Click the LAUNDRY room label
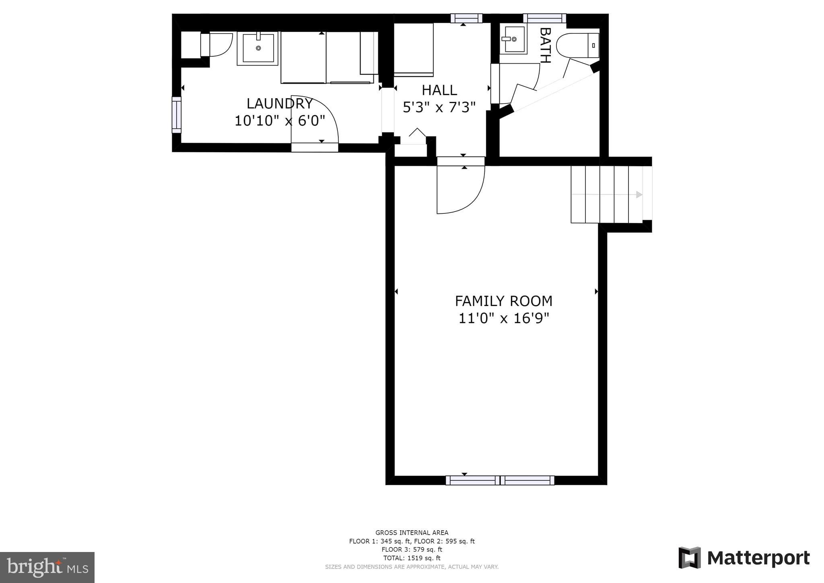pyautogui.click(x=280, y=103)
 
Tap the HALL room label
pyautogui.click(x=439, y=90)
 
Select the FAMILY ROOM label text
pyautogui.click(x=504, y=301)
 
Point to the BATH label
pyautogui.click(x=545, y=45)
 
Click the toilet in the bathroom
pyautogui.click(x=578, y=45)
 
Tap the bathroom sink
pyautogui.click(x=513, y=39)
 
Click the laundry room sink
pyautogui.click(x=257, y=48)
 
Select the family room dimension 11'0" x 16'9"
pyautogui.click(x=504, y=318)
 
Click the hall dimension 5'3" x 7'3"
pyautogui.click(x=439, y=107)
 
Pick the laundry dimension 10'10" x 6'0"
pyautogui.click(x=280, y=120)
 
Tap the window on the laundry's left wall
pyautogui.click(x=176, y=115)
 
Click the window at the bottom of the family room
pyautogui.click(x=500, y=480)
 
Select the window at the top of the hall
pyautogui.click(x=466, y=18)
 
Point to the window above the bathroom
pyautogui.click(x=544, y=18)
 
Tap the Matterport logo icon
pyautogui.click(x=690, y=558)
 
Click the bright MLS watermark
pyautogui.click(x=47, y=567)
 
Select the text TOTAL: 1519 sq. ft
pyautogui.click(x=412, y=558)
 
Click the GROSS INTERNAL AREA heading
pyautogui.click(x=412, y=533)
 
